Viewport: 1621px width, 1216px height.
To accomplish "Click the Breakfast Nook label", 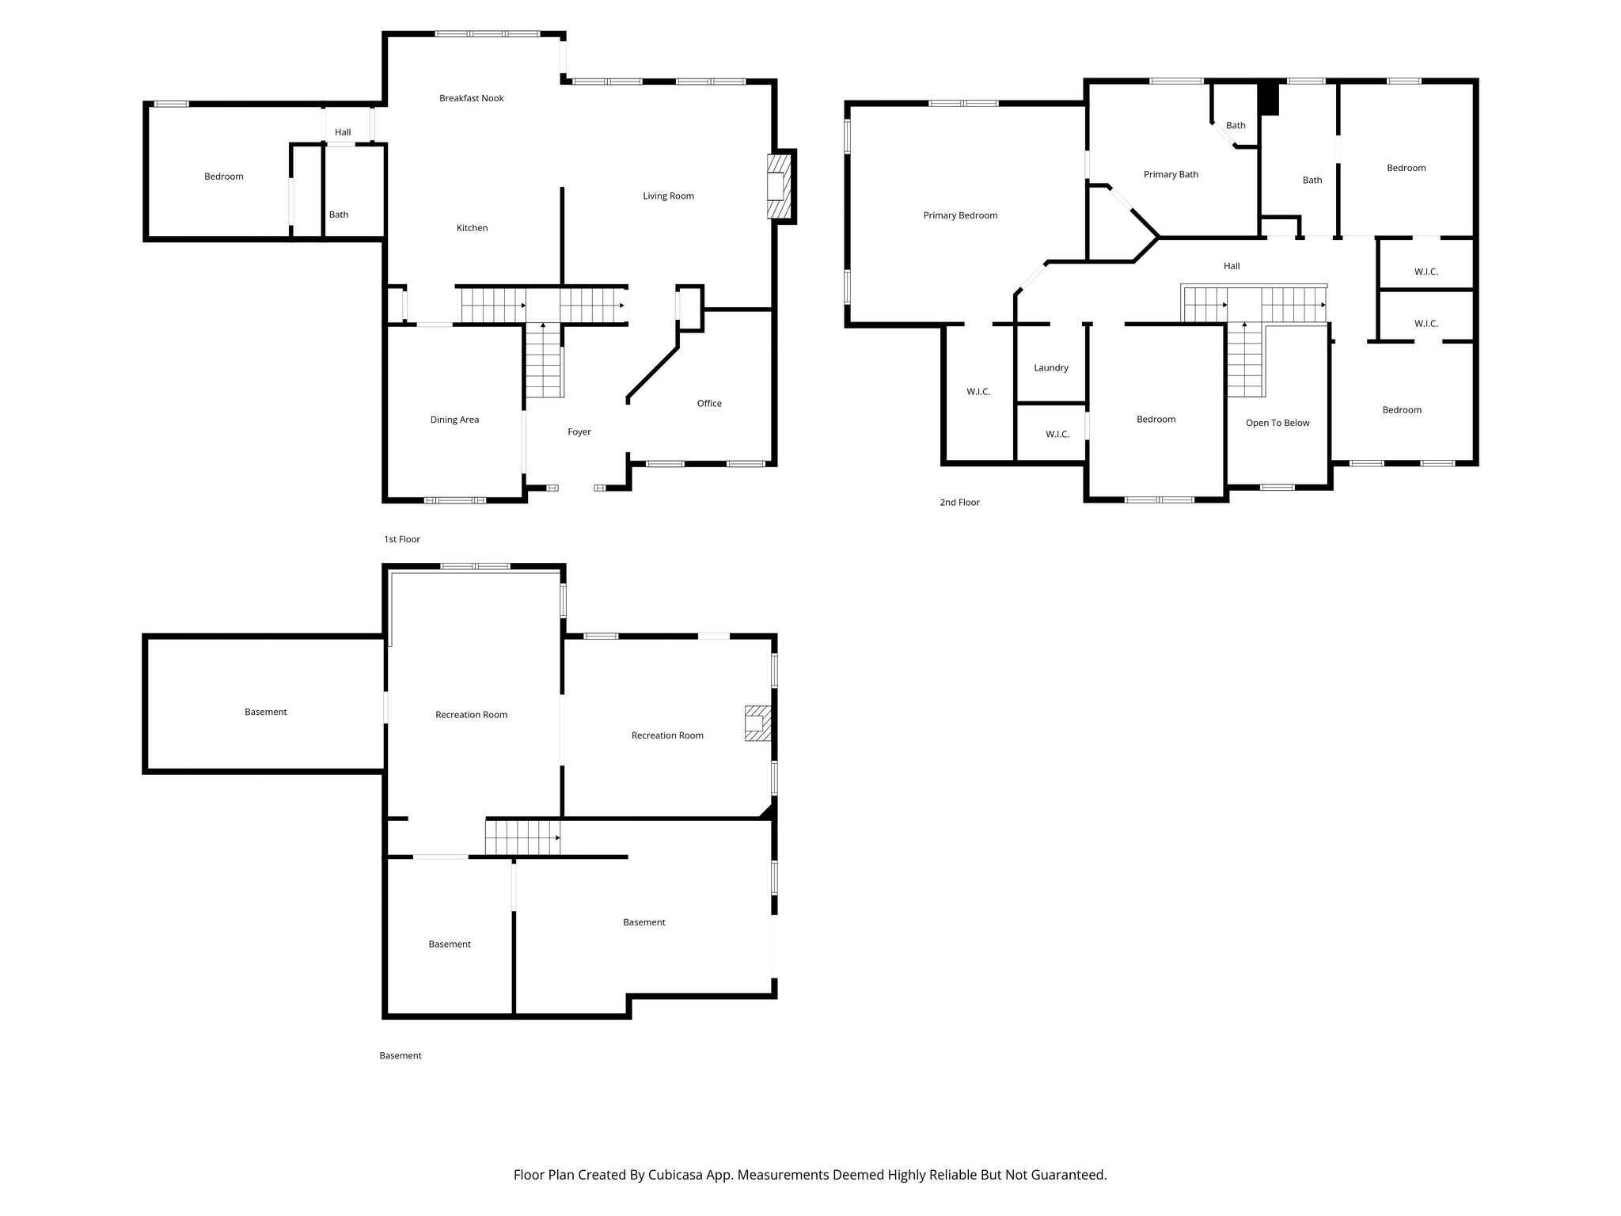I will [x=471, y=98].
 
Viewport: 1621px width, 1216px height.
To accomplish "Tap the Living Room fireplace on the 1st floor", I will [x=778, y=187].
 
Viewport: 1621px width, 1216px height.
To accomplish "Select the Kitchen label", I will [x=472, y=228].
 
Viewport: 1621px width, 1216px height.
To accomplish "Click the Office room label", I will [x=708, y=404].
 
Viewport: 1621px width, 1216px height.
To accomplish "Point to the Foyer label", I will [x=579, y=432].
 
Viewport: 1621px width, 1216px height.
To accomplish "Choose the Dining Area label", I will [x=454, y=420].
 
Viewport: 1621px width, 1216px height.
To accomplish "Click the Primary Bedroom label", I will [x=960, y=215].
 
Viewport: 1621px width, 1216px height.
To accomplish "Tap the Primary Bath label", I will [x=1171, y=174].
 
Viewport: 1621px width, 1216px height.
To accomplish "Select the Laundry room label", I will [x=1050, y=368].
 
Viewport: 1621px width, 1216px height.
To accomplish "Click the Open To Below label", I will [x=1277, y=423].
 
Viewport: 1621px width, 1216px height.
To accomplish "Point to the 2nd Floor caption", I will [x=959, y=502].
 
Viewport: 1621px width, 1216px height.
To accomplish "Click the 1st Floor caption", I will [x=401, y=539].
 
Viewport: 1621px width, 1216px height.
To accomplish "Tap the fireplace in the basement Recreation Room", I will [x=757, y=724].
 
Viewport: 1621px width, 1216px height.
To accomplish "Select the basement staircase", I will [x=522, y=838].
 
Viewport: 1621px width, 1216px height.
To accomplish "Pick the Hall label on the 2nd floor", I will [x=1231, y=266].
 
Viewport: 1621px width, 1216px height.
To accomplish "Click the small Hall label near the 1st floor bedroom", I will [x=342, y=132].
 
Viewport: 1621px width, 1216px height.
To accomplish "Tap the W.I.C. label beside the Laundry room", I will [x=1057, y=435].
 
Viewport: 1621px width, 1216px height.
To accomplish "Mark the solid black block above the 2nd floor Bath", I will [x=1269, y=99].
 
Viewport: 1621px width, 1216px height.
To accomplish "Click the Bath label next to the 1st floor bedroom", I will [x=338, y=215].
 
